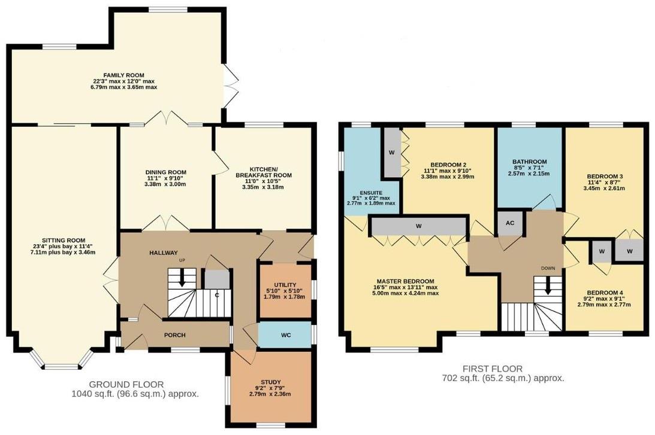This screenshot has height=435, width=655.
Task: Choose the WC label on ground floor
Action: point(285,335)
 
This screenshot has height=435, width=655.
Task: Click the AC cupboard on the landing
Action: point(510,222)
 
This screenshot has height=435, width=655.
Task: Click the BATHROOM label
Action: point(529,162)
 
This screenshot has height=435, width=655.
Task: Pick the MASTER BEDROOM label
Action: point(405,281)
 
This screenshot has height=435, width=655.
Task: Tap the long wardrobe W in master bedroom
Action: point(418,226)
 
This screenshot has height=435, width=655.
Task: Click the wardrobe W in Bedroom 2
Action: point(391,153)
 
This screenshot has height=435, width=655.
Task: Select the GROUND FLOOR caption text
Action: point(126,384)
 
